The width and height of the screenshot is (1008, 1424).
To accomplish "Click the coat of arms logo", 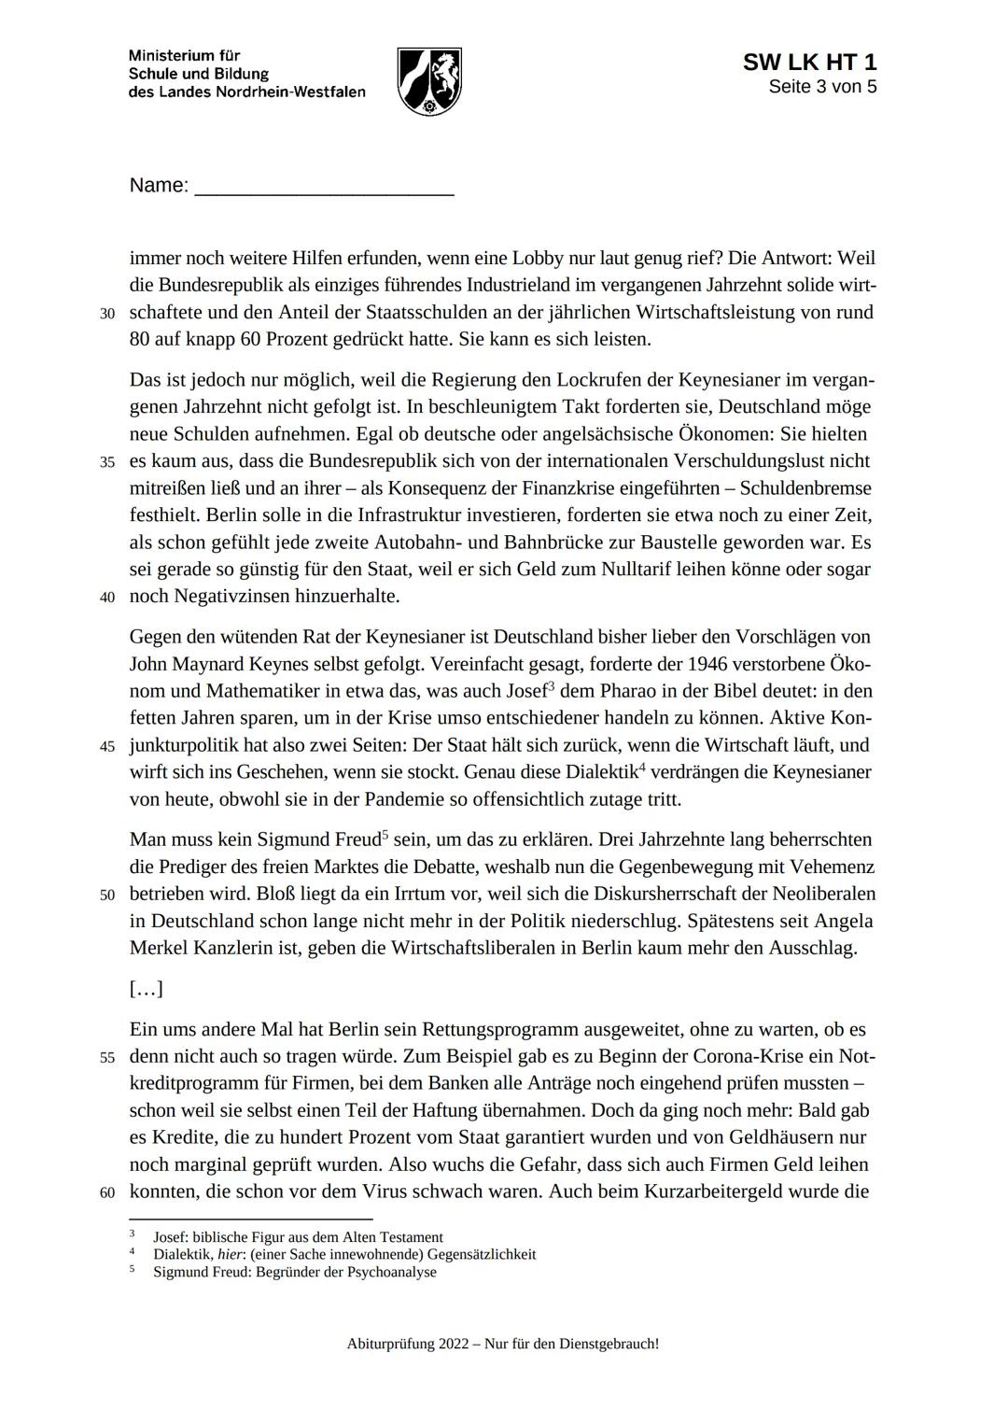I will tap(429, 81).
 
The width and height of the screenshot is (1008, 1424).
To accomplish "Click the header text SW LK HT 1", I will tap(809, 63).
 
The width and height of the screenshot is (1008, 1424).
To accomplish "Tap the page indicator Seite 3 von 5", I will tap(822, 87).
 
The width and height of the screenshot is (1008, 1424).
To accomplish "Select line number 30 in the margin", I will tap(107, 314).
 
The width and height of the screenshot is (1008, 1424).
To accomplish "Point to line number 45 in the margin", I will tap(107, 747).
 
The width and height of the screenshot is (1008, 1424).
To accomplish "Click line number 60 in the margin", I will tap(107, 1193).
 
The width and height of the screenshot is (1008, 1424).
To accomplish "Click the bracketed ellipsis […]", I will tap(147, 989).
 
